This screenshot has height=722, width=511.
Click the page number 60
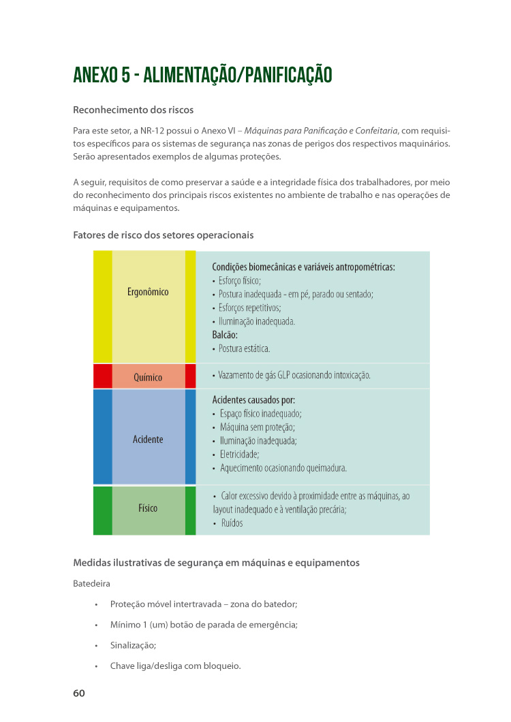coord(79,693)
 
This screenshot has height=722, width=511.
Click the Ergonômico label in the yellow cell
coord(148,292)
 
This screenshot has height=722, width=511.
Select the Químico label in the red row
coord(148,376)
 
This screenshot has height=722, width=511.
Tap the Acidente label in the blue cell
coord(148,440)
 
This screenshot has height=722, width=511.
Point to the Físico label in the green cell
coord(148,508)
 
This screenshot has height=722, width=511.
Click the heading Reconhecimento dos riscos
coord(133,110)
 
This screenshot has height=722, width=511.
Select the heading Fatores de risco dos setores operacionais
coord(163,235)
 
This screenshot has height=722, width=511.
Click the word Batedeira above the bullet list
coord(91,584)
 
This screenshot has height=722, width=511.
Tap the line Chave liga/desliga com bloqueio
coord(175,666)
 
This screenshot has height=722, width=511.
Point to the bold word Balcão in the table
coord(225,335)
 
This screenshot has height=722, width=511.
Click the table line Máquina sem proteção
coord(257,427)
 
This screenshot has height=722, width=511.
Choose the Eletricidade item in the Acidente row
coord(239,455)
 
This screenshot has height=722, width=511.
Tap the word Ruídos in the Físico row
coord(232,523)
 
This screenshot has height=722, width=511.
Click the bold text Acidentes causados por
coord(253,400)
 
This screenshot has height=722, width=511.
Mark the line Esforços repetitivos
coord(245,308)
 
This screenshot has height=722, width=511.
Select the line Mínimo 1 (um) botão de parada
coord(204,625)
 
